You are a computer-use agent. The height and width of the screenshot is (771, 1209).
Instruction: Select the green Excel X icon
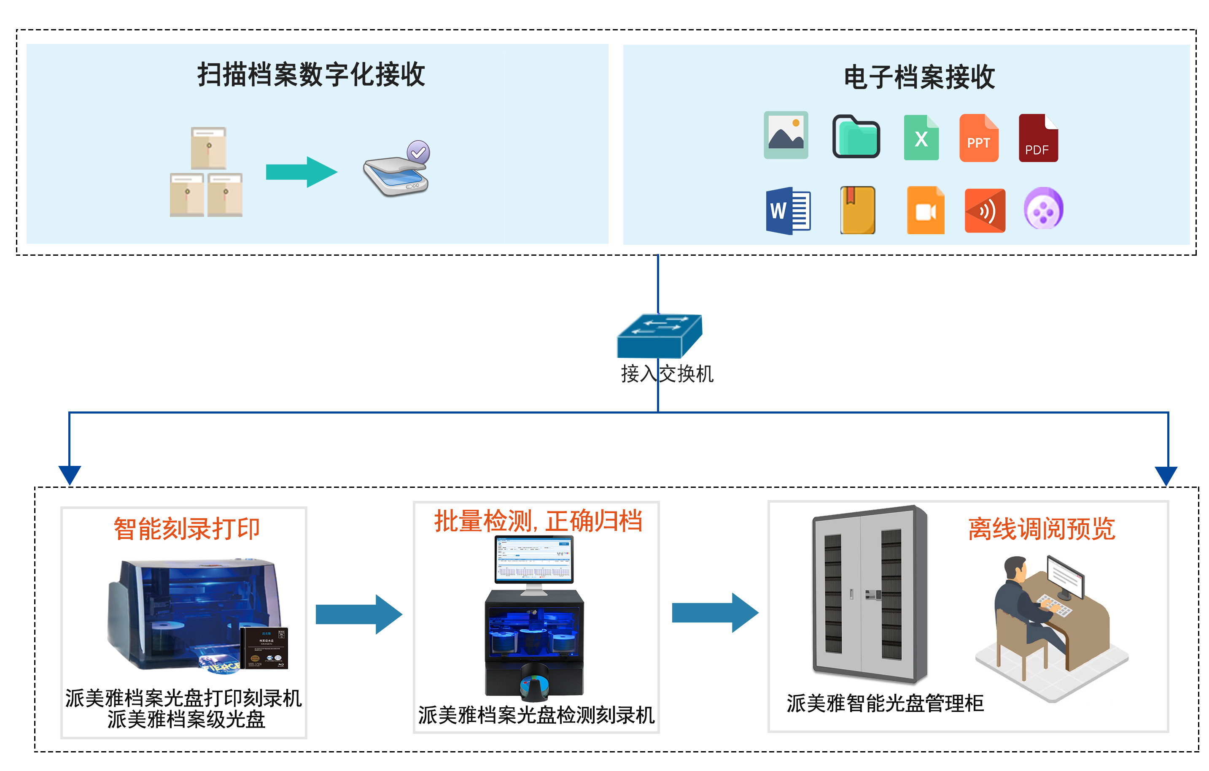coord(921,138)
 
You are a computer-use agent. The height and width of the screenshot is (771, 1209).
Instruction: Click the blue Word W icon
coord(787,211)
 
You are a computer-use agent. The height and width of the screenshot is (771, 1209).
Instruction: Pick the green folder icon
coord(856,137)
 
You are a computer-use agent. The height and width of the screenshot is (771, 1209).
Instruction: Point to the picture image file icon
coord(786,135)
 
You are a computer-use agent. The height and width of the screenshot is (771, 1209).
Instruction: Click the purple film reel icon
coord(1043,209)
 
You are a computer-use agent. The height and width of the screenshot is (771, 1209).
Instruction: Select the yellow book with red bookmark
coord(858,211)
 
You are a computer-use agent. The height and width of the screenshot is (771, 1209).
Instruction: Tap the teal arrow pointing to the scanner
coord(301,172)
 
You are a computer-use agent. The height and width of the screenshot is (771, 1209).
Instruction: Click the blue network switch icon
coord(659,336)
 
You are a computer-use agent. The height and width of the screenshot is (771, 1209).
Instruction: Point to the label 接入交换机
coord(667,374)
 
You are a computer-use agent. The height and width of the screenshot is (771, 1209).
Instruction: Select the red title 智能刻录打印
coord(186,529)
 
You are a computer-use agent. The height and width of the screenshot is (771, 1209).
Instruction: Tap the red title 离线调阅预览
coord(1041,529)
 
